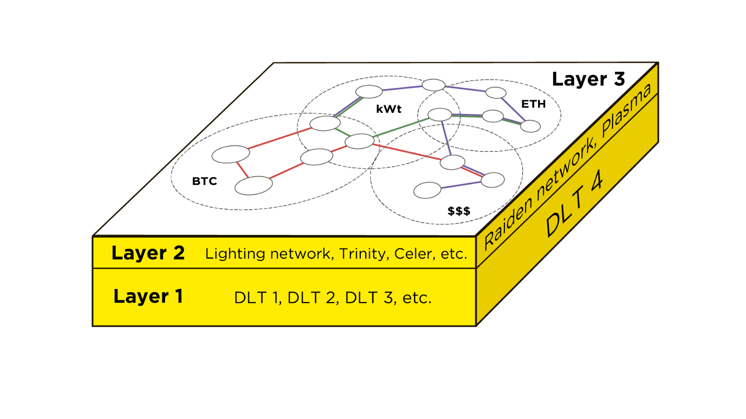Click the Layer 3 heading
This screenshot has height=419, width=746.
tap(588, 80)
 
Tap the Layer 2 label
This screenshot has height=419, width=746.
tap(148, 253)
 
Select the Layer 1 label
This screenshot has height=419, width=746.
tap(148, 296)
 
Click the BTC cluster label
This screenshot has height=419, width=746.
tap(204, 181)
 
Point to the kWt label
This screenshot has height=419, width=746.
tap(388, 109)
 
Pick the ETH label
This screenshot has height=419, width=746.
tap(533, 104)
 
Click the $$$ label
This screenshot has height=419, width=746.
tap(459, 211)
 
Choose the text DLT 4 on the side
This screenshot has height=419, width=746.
tap(574, 204)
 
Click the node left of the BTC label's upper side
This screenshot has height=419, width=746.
tap(230, 154)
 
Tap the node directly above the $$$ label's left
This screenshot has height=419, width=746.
tap(427, 190)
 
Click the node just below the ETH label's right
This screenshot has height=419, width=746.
tap(530, 126)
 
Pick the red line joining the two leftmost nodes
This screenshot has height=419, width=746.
tap(242, 170)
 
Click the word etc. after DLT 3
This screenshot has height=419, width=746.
tap(417, 298)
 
